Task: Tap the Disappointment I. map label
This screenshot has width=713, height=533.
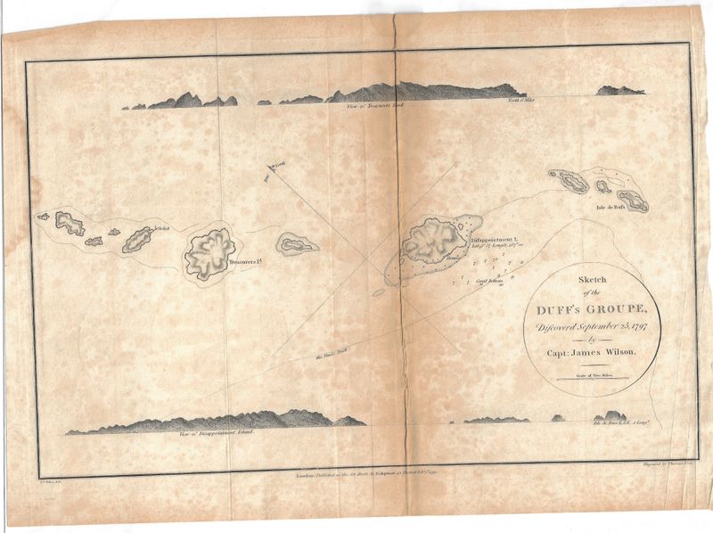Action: [488, 238]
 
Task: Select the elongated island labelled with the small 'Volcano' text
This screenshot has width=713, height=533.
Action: [137, 239]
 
